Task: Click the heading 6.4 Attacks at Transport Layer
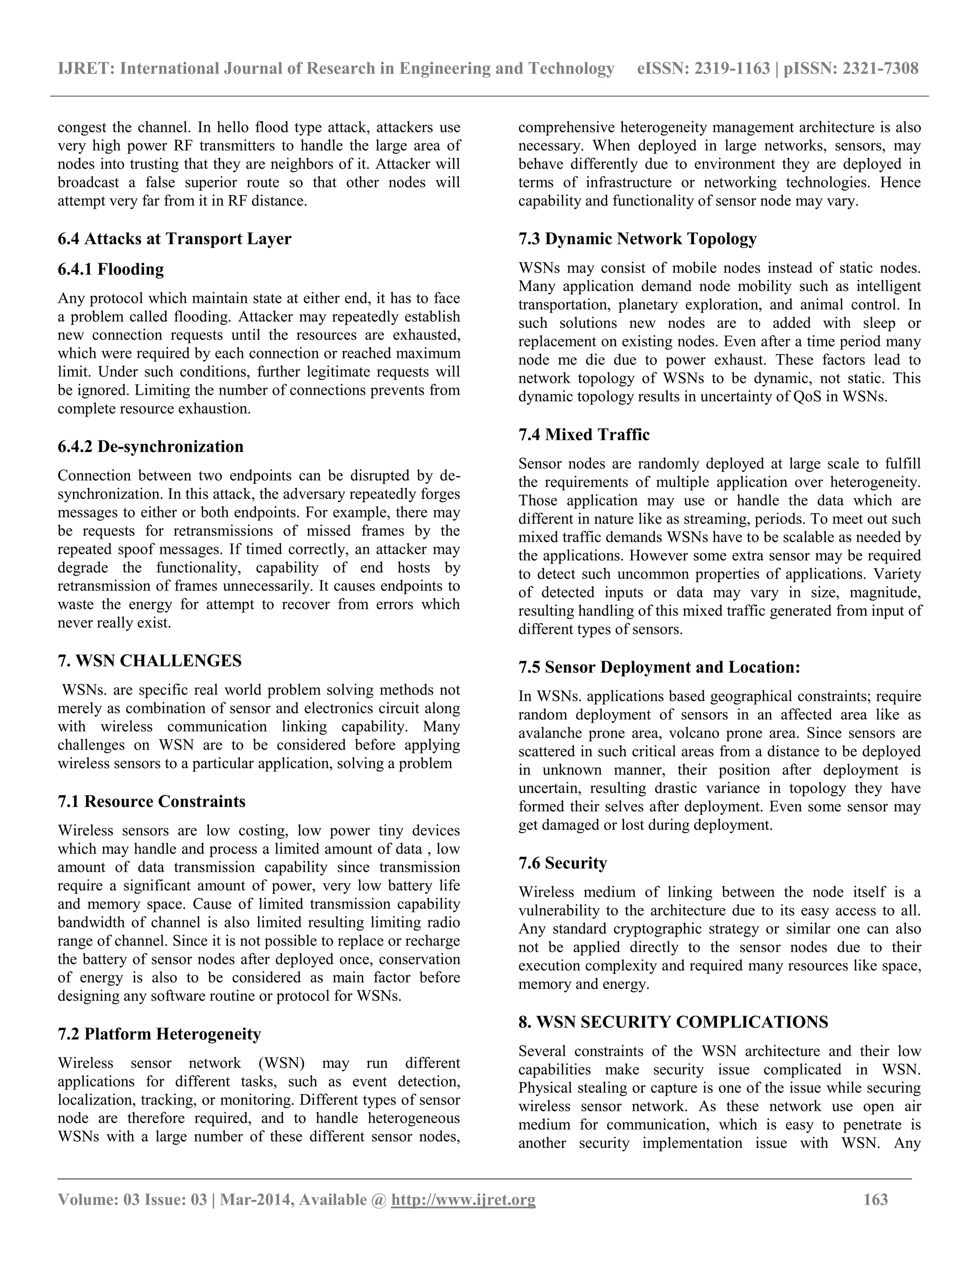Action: coord(174,239)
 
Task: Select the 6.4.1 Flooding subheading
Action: coord(111,269)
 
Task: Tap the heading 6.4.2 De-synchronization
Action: coord(150,446)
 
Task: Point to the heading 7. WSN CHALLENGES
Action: coord(150,661)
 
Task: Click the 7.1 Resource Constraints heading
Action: coord(152,801)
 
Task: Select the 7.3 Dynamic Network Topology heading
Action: coord(637,239)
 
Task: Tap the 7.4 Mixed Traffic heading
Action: coord(584,435)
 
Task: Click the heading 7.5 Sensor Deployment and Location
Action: coord(659,667)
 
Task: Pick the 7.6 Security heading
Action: coord(563,863)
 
